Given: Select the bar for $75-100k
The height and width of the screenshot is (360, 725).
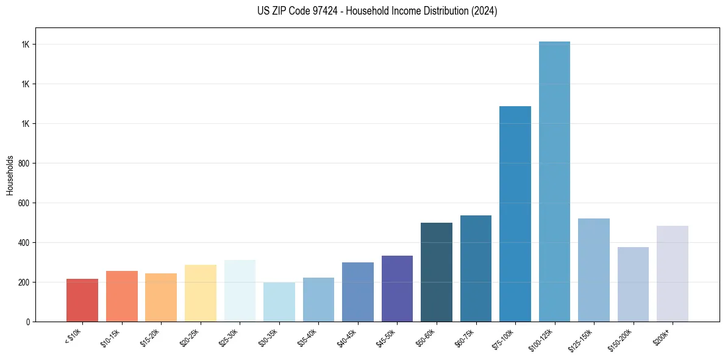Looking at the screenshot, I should pos(515,214).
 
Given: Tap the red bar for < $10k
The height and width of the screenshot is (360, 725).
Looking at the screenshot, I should pos(82,300).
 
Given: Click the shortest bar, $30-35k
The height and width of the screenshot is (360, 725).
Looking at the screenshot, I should pos(279,302).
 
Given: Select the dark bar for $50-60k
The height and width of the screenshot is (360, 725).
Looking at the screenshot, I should pos(437,272).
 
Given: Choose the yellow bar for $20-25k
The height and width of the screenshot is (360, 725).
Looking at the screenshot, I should pos(201,293).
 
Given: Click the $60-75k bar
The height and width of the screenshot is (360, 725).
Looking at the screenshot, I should pos(476,268).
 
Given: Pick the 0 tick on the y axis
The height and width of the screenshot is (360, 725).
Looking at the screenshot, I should pos(28,322).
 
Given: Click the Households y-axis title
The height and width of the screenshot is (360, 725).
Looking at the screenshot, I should pos(10,175).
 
